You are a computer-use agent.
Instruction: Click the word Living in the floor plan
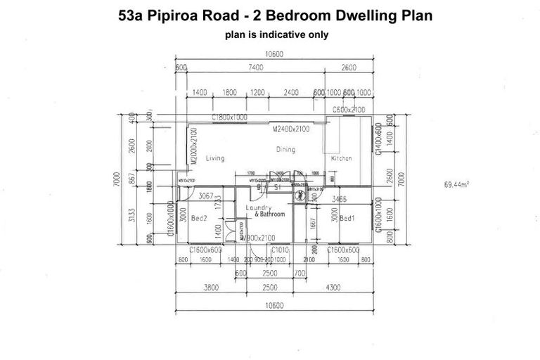(215, 158)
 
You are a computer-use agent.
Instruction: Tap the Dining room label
(285, 150)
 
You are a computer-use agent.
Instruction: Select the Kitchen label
(340, 159)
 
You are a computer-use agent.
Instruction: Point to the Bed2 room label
(198, 219)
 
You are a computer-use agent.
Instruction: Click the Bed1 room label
(347, 219)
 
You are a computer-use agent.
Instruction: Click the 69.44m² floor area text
(456, 185)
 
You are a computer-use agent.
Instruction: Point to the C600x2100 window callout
(349, 110)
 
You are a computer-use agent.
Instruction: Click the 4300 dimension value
(333, 288)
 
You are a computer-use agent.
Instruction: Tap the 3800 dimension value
(209, 288)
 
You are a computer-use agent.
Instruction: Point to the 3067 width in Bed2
(205, 195)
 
